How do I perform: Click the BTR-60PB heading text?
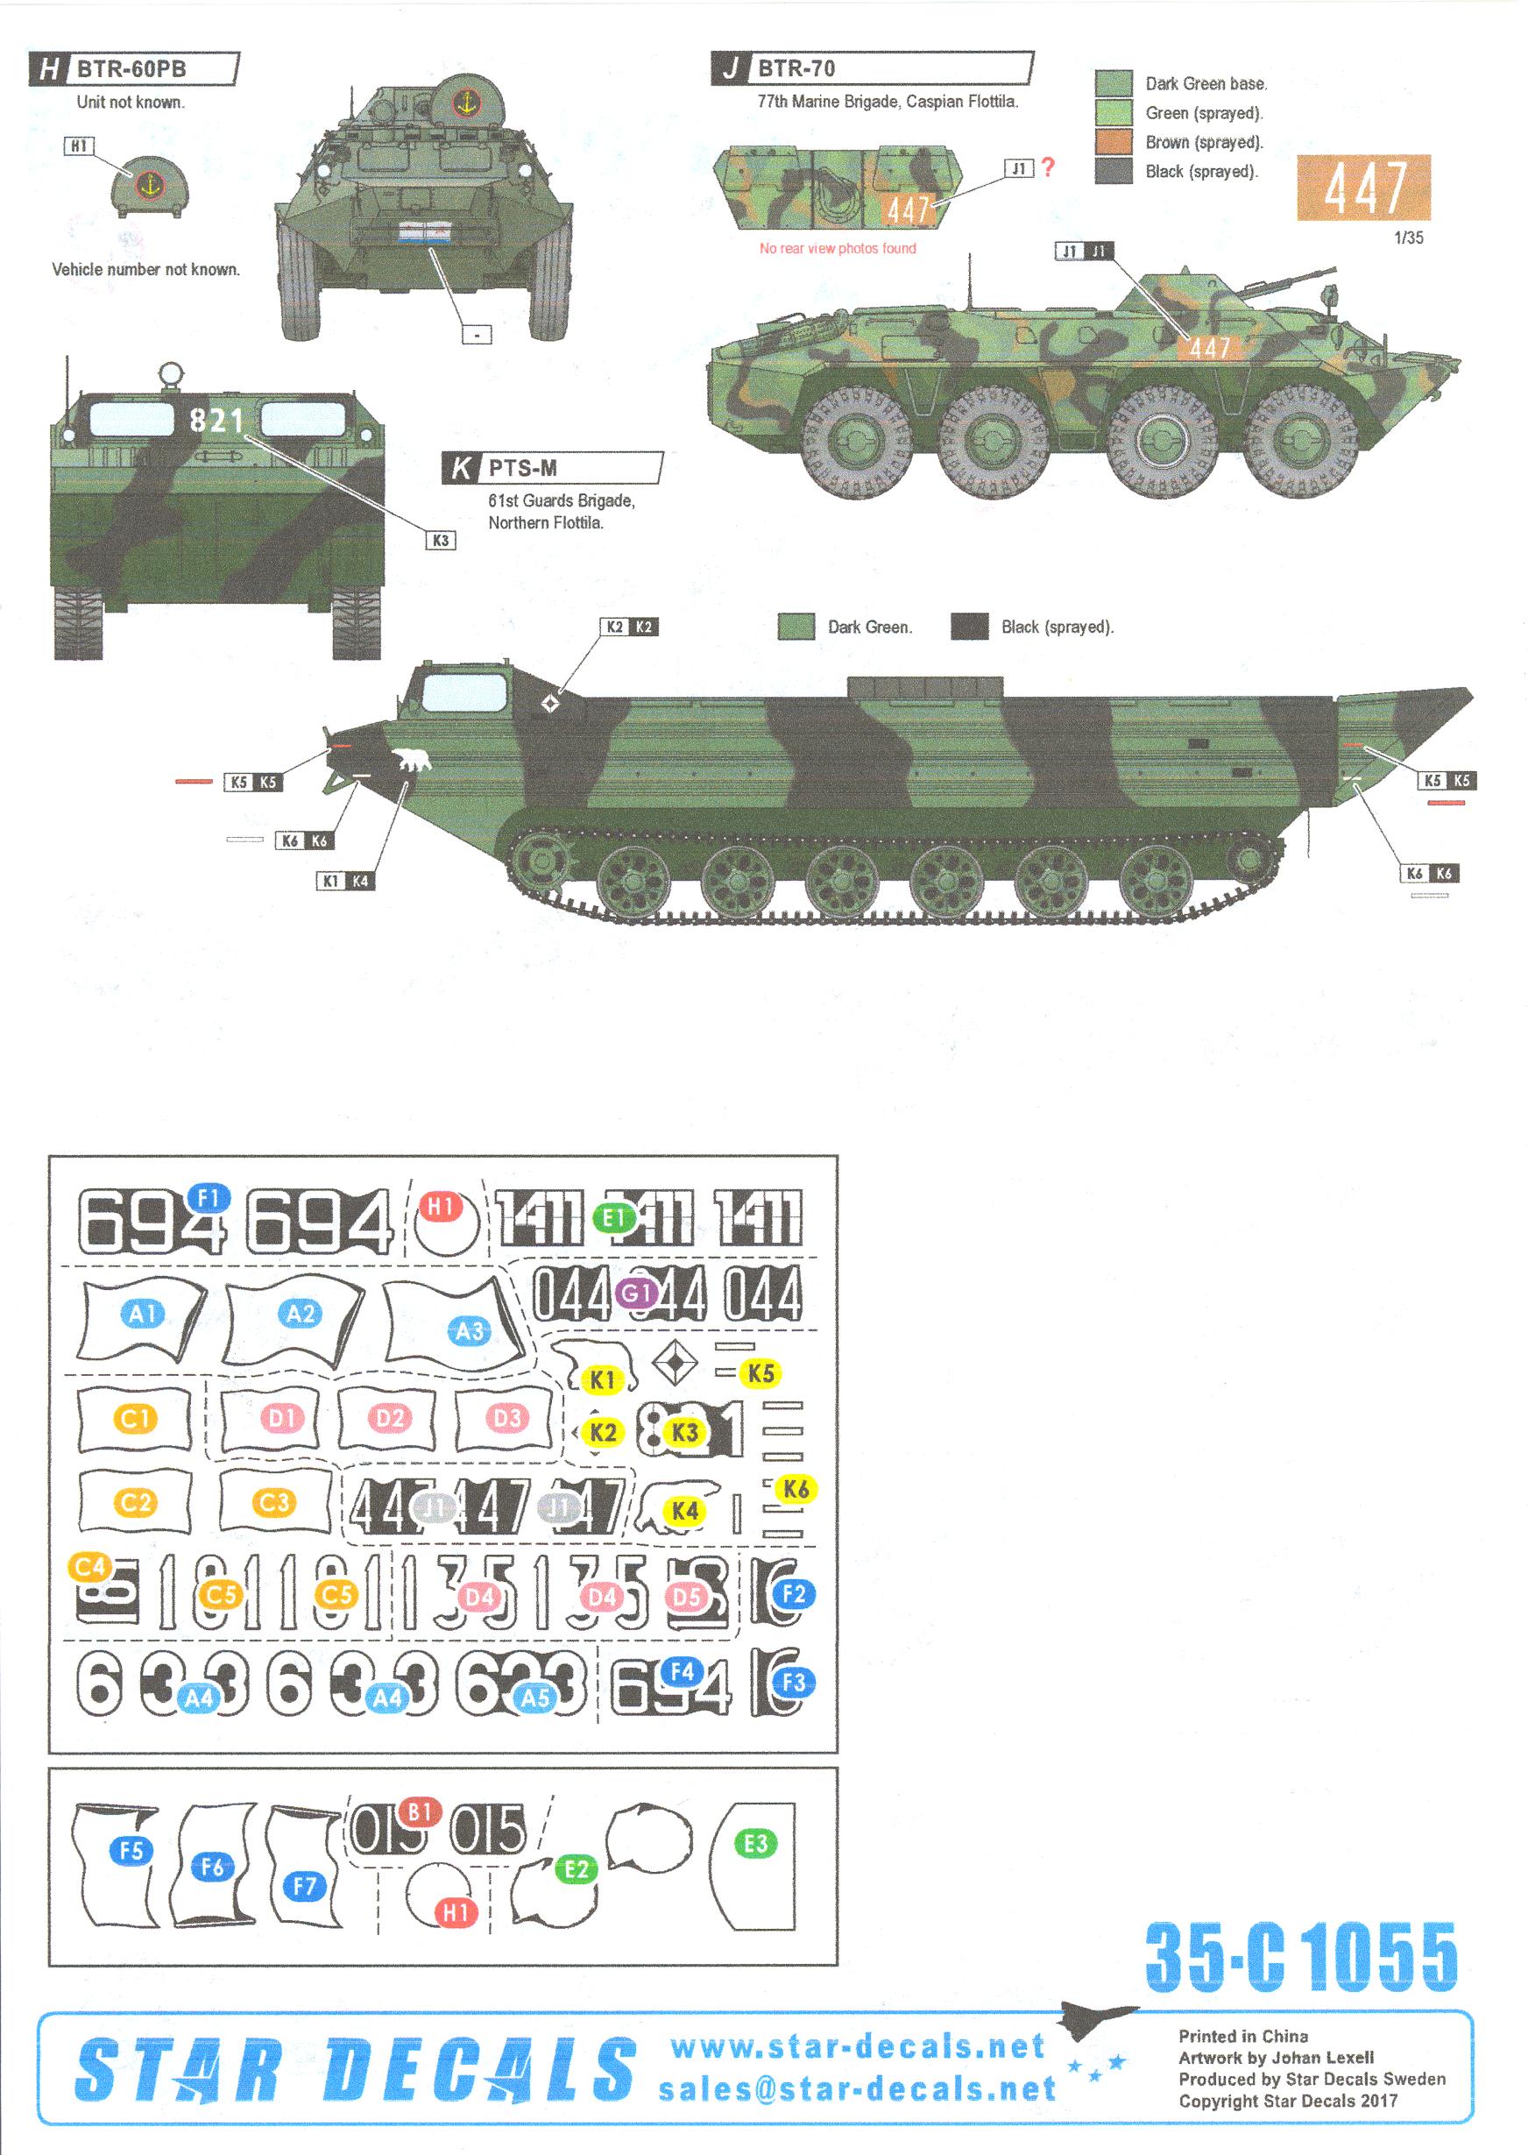(131, 68)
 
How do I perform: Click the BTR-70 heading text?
(796, 67)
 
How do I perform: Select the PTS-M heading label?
(522, 468)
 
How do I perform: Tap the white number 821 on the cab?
(216, 420)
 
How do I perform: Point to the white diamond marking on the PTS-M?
(550, 703)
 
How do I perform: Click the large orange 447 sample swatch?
(1363, 188)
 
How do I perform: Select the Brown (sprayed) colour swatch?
(1113, 142)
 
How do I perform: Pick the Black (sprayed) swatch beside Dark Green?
(969, 627)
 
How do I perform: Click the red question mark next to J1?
(1048, 167)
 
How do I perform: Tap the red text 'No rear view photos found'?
(838, 248)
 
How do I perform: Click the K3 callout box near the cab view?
(441, 540)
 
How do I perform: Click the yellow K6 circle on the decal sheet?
(796, 1489)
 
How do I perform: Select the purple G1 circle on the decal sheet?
(635, 1293)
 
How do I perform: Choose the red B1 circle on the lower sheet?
(420, 1811)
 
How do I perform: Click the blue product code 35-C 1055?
(1300, 1958)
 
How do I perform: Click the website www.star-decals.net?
(857, 2045)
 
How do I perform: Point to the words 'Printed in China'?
(1242, 2036)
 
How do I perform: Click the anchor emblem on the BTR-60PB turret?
(465, 102)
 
